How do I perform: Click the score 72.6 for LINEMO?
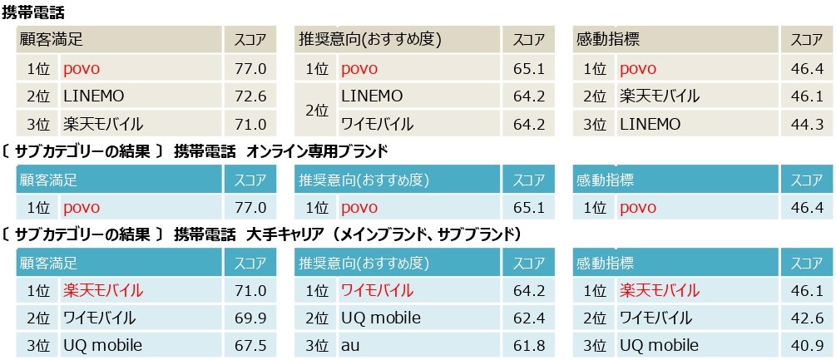(x=250, y=96)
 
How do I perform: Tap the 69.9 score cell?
(x=250, y=318)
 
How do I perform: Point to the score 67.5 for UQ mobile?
(x=250, y=345)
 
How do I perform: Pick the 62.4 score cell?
(x=528, y=318)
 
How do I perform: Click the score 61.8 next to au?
(x=528, y=345)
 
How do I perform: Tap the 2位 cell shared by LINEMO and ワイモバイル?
(x=317, y=111)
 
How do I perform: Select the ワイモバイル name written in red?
(x=377, y=290)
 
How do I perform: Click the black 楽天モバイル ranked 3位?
(x=103, y=125)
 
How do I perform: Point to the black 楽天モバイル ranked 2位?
(x=660, y=96)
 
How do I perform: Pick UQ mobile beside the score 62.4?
(x=381, y=318)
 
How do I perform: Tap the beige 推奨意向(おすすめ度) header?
(x=370, y=40)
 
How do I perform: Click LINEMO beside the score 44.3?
(x=650, y=125)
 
